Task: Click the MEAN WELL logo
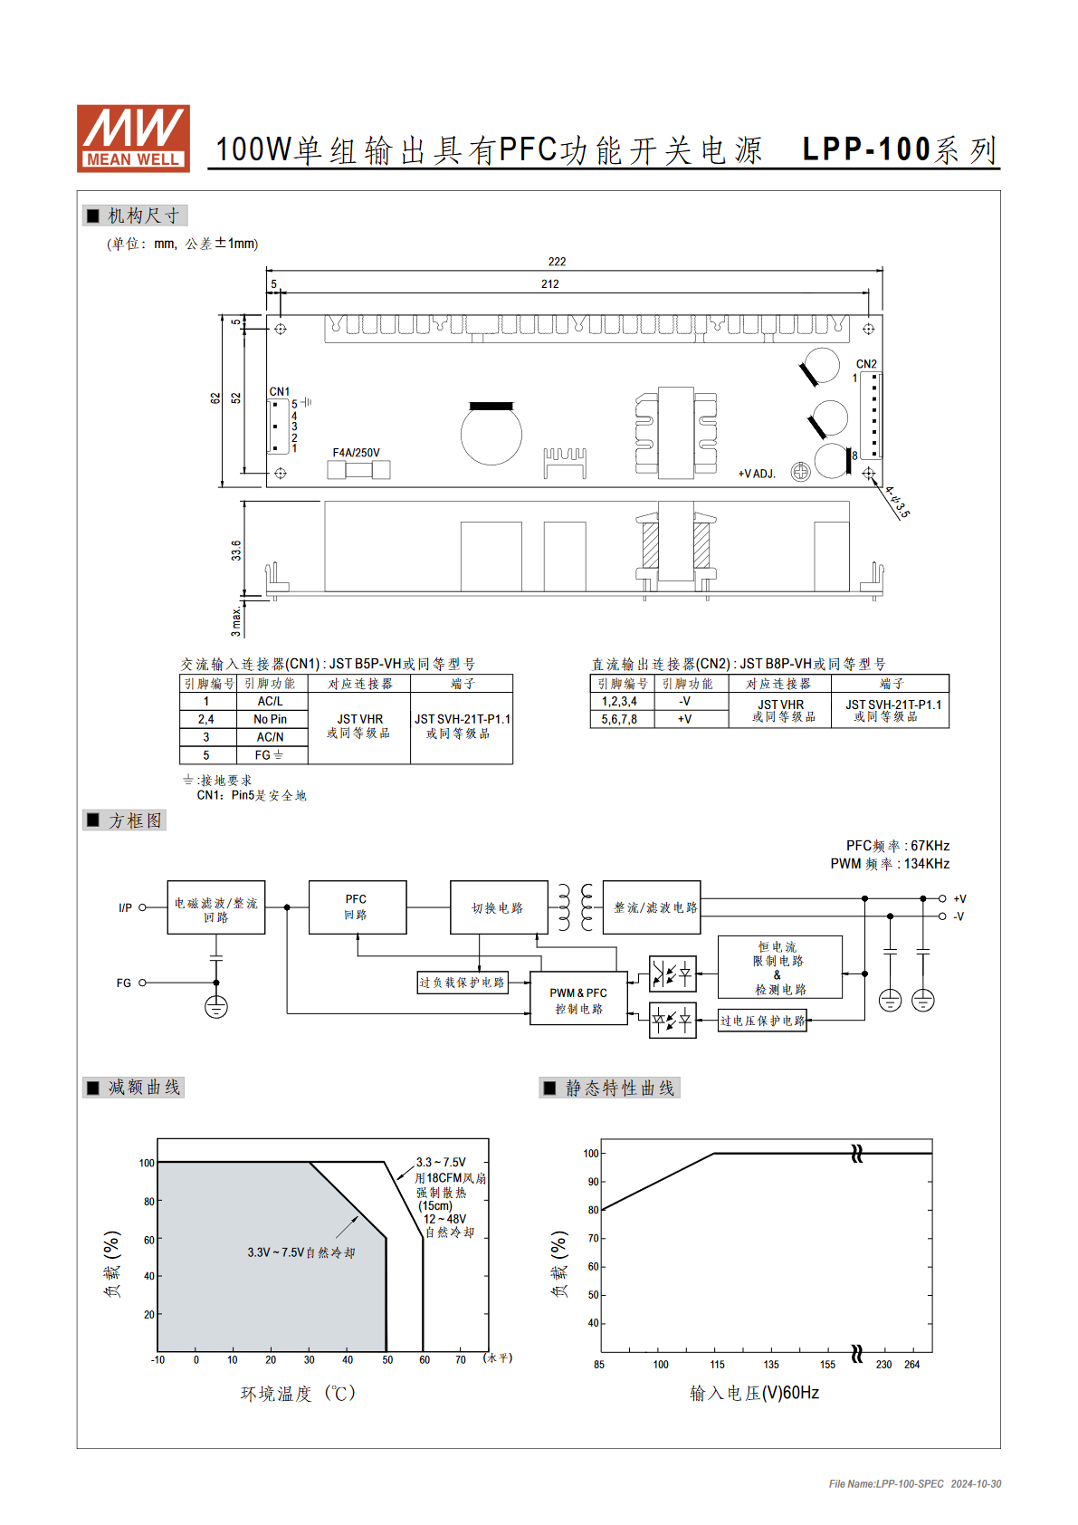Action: tap(133, 139)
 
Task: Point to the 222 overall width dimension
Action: tap(557, 262)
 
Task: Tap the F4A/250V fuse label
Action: tap(356, 453)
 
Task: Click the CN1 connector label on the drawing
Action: tap(279, 391)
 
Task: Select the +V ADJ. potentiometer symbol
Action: tap(800, 471)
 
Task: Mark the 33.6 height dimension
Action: tap(235, 550)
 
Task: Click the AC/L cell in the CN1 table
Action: tap(271, 701)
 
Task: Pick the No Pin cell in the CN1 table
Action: tap(271, 719)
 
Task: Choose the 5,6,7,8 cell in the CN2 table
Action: tap(619, 719)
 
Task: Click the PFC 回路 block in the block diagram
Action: tap(358, 906)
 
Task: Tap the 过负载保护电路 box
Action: tap(463, 983)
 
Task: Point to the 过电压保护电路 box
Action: tap(762, 1021)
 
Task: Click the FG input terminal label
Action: tap(123, 983)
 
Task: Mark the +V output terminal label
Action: tap(959, 898)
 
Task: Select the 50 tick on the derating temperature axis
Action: tap(387, 1360)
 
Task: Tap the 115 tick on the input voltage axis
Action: tap(717, 1365)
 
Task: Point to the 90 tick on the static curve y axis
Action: tap(593, 1182)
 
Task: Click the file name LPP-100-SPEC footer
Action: tap(886, 1483)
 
